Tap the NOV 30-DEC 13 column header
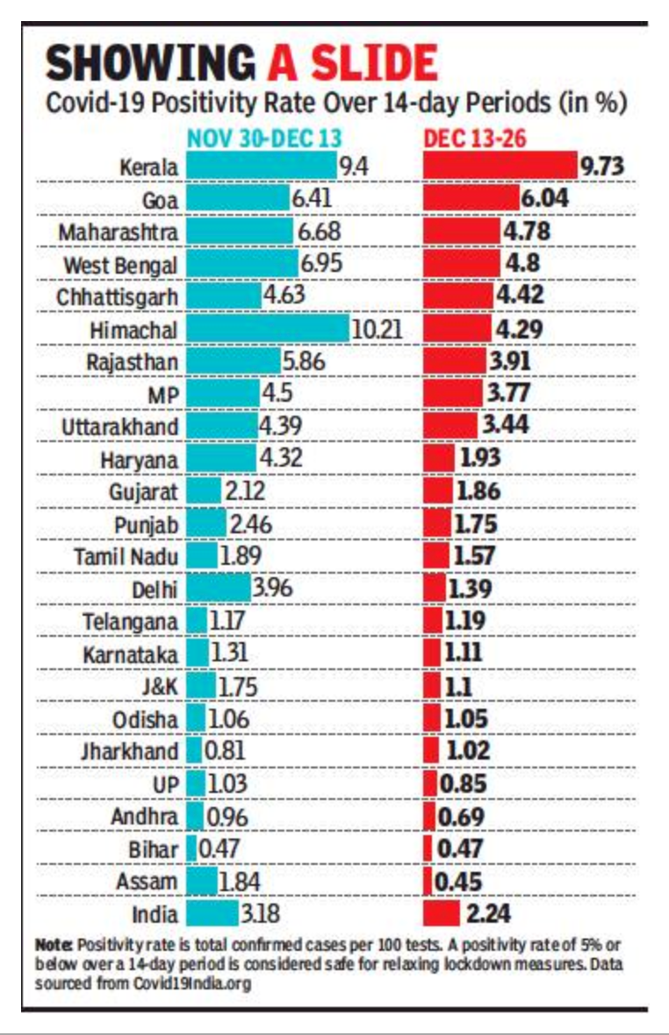pos(263,139)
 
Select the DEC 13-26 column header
pos(477,139)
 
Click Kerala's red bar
pos(500,166)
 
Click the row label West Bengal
pos(120,264)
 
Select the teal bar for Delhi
pos(217,589)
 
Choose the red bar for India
pos(442,913)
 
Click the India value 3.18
pos(261,913)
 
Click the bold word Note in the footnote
pos(54,946)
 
